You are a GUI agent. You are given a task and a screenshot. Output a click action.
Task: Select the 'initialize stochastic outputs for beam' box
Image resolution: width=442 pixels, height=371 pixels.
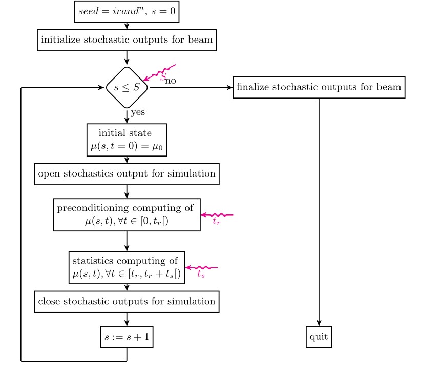coord(127,40)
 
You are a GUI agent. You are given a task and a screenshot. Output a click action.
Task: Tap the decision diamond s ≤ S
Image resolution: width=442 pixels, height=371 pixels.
coord(127,88)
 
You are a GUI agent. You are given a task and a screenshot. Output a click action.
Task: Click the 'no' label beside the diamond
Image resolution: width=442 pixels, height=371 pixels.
coord(171,81)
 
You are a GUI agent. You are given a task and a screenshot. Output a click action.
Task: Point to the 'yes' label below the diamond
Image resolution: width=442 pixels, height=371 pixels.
coord(138,112)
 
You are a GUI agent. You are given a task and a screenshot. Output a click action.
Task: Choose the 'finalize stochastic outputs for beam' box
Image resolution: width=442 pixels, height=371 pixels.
coord(319,87)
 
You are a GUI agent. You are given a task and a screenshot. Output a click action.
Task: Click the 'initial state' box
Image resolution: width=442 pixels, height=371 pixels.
coord(127,140)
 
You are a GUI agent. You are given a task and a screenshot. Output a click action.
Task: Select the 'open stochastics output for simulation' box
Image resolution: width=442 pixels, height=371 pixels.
coord(127,173)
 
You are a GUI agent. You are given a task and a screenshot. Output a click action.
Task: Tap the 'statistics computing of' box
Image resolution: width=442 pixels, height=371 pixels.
coord(127,267)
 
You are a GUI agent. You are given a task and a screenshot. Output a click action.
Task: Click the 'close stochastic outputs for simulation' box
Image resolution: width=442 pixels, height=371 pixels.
coord(127,301)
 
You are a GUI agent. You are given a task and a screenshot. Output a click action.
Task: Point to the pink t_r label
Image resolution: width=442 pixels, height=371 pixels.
coord(216,222)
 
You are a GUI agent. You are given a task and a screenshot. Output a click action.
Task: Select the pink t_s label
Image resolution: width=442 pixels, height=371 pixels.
coord(201,275)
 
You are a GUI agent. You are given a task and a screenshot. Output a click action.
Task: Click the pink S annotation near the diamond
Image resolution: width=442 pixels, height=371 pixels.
coord(163,77)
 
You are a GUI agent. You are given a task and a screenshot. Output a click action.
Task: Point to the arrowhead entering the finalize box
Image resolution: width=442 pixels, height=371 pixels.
coord(229,88)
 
